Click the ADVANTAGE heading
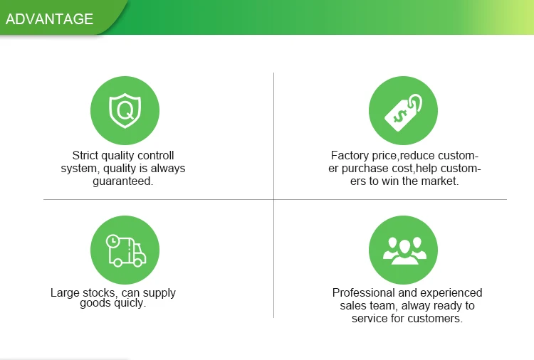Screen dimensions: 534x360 point(49,19)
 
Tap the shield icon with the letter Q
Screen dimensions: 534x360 point(125,110)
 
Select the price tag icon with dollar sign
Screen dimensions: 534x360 point(403,112)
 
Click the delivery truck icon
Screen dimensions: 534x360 point(125,250)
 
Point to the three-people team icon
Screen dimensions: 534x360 point(404,250)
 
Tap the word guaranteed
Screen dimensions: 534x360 point(123,181)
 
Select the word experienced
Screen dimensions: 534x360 point(453,293)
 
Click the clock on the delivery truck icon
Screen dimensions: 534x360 point(112,241)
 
